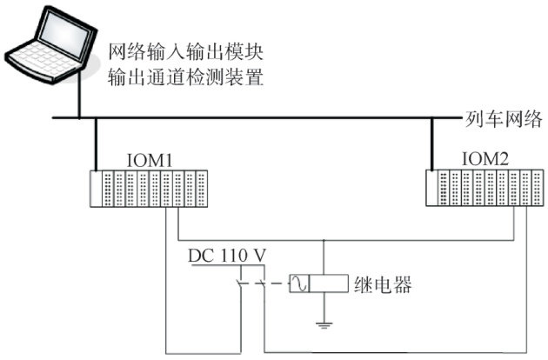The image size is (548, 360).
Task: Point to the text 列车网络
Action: point(505,117)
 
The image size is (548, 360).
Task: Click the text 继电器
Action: point(383,284)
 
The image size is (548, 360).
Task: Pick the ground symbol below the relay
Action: point(323,325)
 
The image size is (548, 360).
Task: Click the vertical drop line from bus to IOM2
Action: point(433,143)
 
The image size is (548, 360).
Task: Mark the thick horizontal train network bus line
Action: point(261,117)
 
